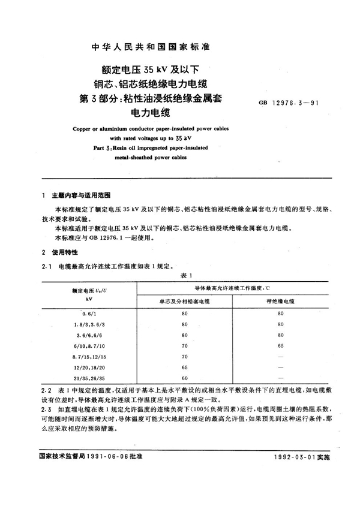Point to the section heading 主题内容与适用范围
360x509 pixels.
77,195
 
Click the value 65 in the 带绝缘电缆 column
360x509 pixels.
280,346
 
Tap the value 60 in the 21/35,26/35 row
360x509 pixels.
184,379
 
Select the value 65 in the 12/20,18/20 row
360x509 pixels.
184,368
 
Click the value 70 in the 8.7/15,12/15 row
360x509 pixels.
184,357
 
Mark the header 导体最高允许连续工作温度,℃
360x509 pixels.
233,288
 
